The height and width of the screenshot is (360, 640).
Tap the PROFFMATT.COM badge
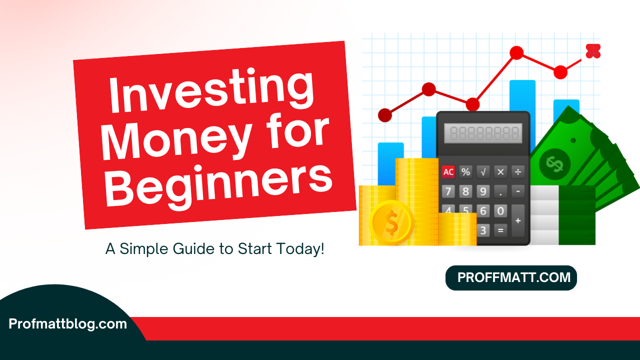click(511, 278)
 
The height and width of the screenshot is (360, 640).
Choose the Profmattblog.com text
click(68, 324)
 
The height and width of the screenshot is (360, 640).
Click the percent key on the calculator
click(465, 172)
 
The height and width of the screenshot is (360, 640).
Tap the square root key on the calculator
click(483, 172)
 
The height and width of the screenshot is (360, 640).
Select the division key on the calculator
click(518, 172)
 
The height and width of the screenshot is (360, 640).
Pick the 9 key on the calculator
click(483, 191)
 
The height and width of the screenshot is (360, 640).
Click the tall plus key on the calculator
click(518, 220)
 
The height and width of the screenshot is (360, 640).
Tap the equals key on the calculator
click(500, 230)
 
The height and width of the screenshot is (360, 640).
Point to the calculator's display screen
click(483, 133)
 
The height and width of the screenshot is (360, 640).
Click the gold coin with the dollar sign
click(391, 223)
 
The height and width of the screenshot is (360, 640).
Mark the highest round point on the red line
click(516, 52)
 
